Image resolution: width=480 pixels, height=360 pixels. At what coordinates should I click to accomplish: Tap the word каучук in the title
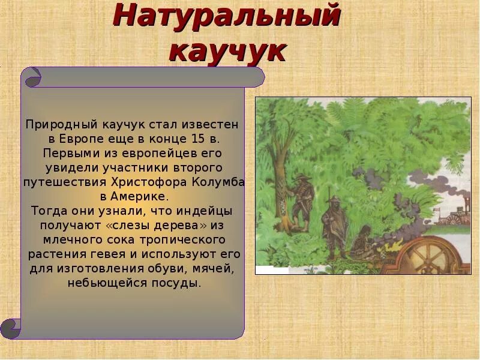coord(227,50)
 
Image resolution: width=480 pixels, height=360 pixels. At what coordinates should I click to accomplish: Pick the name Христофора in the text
coord(149,182)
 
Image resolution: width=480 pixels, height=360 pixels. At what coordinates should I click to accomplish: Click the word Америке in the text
coord(141,196)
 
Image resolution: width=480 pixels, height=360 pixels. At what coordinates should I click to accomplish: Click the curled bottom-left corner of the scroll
coord(11,328)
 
